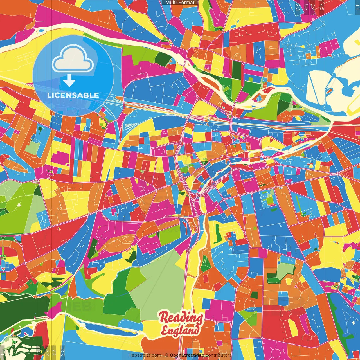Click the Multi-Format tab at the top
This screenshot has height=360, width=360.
pos(180,3)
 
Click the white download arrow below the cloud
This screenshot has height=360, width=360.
pos(69,81)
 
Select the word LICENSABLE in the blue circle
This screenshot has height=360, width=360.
pos(73,95)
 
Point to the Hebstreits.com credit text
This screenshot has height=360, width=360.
pos(145,355)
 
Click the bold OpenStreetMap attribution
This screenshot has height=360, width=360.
pos(187,355)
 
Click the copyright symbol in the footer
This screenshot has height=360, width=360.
pos(166,355)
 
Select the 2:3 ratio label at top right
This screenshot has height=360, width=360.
pos(298,7)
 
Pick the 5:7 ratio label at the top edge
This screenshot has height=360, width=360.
pos(306,7)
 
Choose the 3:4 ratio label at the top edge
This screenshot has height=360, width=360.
pos(313,7)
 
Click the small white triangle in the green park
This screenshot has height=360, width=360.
pos(19,204)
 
